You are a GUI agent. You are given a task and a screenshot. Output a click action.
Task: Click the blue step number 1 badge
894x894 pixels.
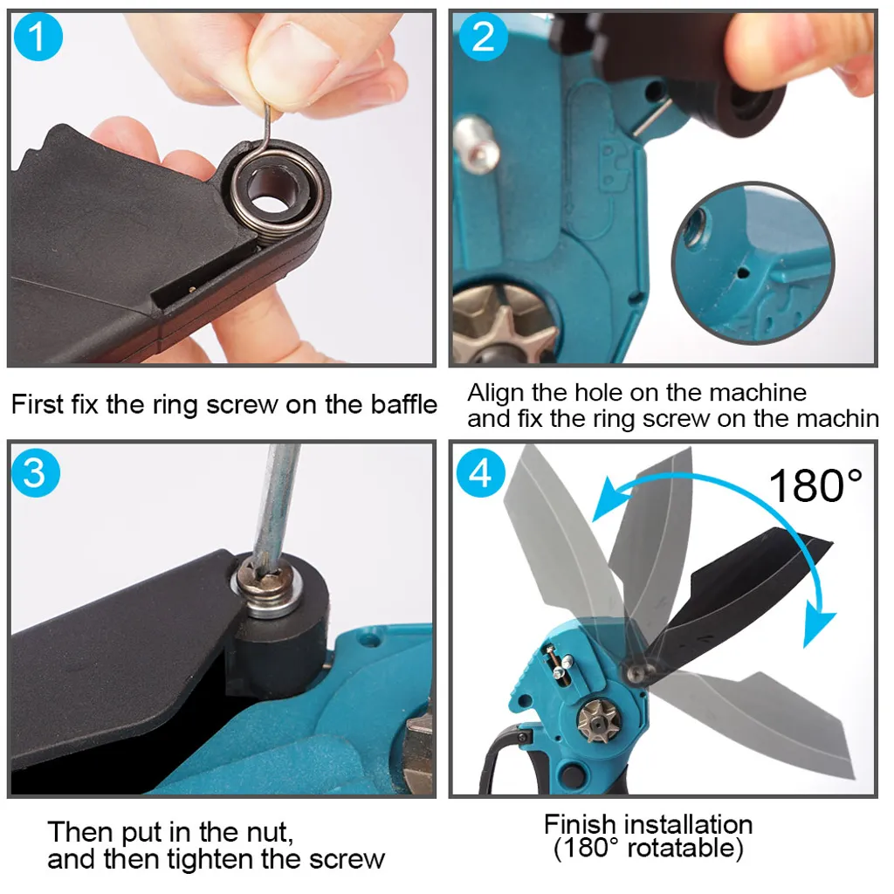(38, 37)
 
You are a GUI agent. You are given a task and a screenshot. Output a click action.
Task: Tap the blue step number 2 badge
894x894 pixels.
(483, 37)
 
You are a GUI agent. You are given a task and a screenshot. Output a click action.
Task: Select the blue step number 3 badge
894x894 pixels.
(35, 472)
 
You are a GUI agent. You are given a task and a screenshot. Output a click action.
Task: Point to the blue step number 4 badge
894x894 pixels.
(481, 472)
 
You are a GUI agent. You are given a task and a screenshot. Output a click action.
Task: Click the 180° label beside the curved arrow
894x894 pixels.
(815, 485)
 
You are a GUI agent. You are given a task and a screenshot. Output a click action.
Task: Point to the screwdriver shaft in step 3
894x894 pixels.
(277, 502)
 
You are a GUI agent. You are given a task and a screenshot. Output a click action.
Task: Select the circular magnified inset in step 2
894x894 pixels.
(753, 263)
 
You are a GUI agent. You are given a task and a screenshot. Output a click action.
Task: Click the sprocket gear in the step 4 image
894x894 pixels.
(598, 722)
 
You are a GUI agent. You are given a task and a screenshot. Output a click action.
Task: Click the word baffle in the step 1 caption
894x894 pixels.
(403, 404)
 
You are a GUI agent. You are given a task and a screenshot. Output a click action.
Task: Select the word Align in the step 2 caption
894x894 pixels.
(496, 394)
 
